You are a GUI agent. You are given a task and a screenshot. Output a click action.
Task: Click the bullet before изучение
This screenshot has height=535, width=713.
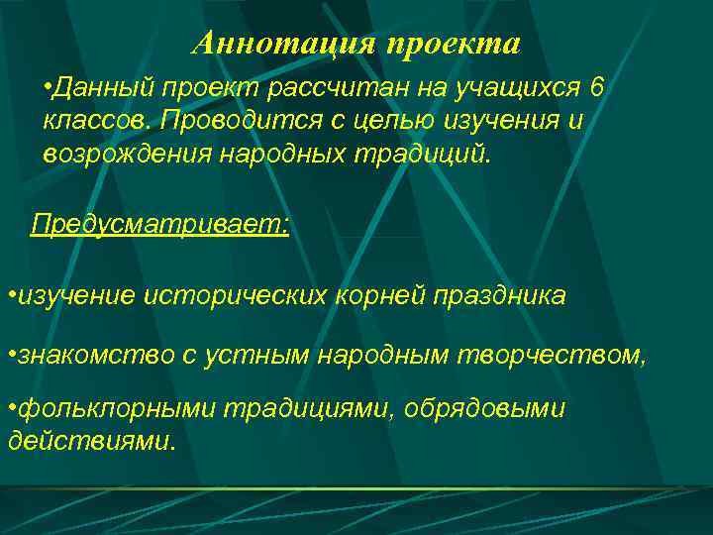pyautogui.click(x=10, y=295)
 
